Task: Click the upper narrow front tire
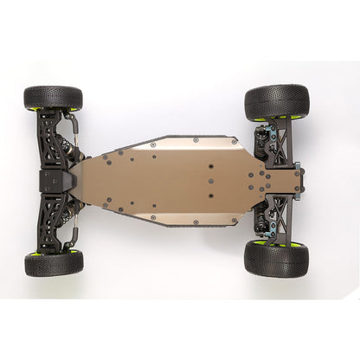pos(54,97)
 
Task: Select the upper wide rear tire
pos(277,102)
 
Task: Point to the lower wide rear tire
pos(277,258)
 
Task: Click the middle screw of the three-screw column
pos(209,182)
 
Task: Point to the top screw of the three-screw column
pos(209,167)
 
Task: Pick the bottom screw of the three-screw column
pos(209,196)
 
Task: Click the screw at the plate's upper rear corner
pos(234,140)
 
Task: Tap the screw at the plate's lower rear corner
pos(234,221)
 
